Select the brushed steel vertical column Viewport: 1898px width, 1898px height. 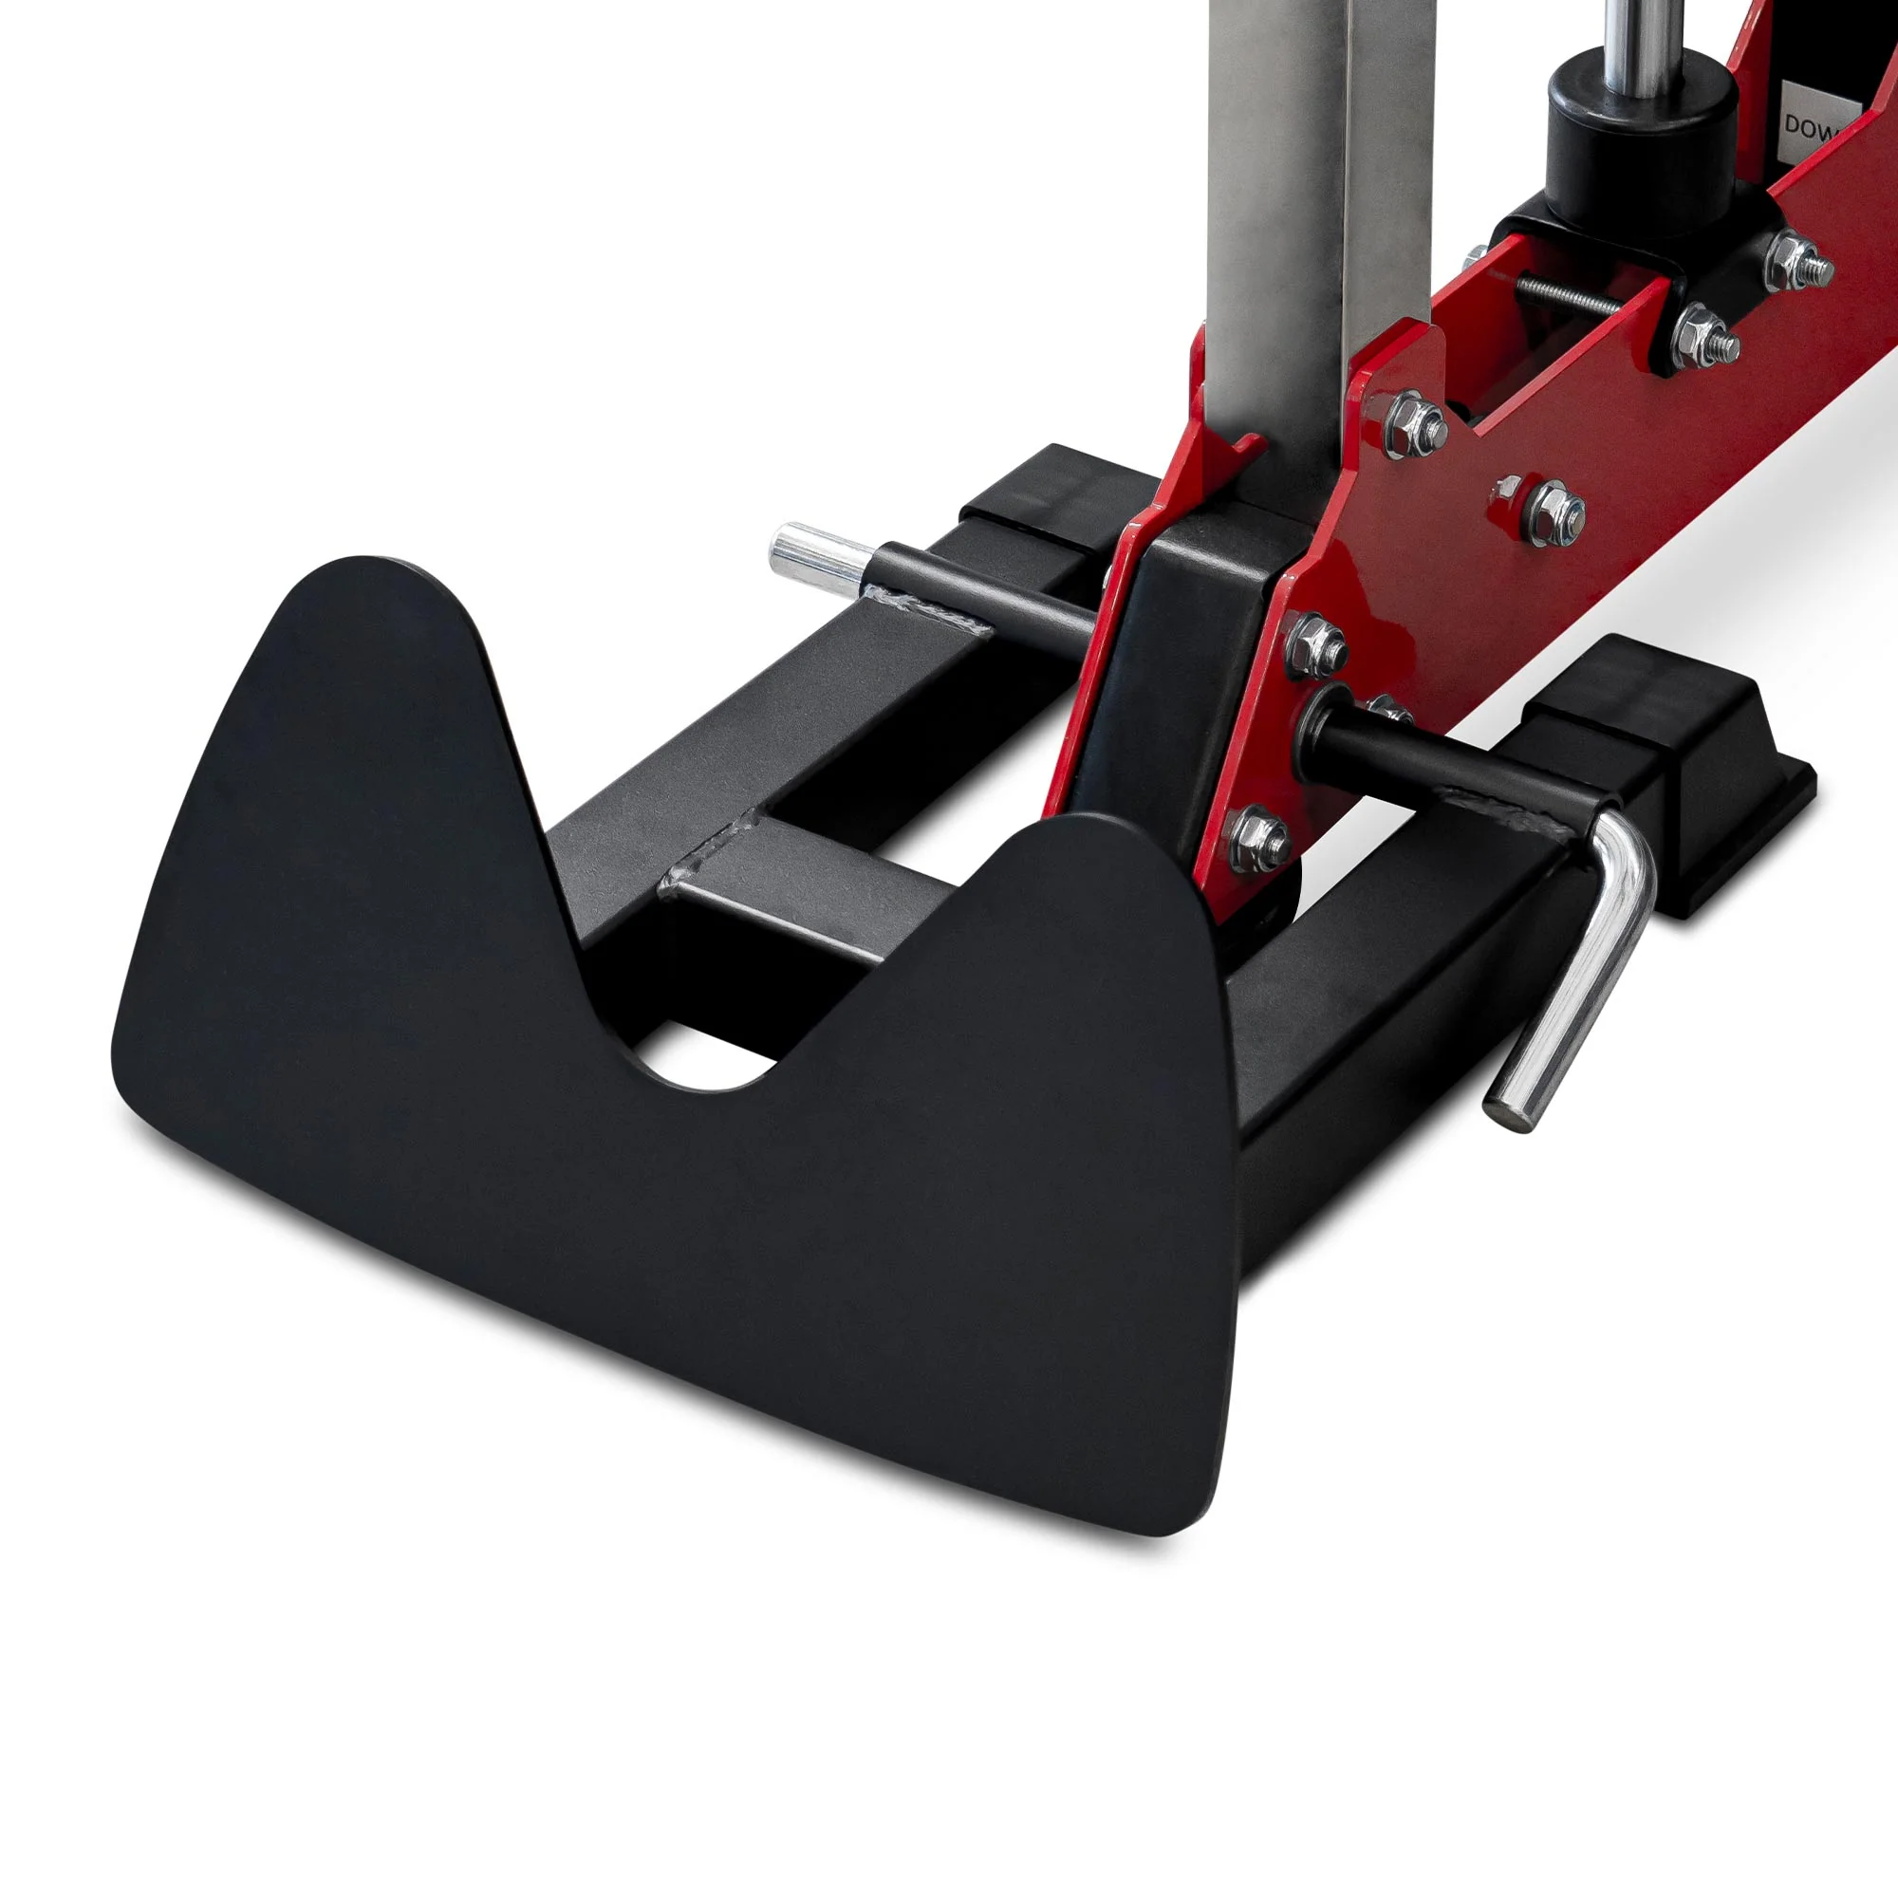click(1277, 196)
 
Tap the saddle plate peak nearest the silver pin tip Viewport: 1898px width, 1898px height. click(393, 589)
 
